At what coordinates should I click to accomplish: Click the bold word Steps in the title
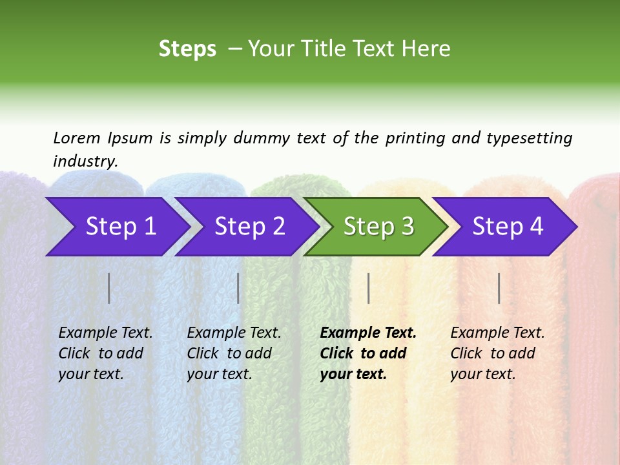click(x=187, y=49)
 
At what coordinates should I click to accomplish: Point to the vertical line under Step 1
click(x=109, y=288)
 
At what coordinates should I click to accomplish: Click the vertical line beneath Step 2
click(x=238, y=288)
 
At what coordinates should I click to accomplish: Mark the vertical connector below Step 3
click(x=369, y=288)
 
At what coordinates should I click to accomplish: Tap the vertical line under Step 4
click(x=499, y=288)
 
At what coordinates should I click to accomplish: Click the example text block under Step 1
click(x=105, y=353)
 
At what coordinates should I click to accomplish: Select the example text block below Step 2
click(x=234, y=353)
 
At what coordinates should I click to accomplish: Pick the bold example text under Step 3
click(x=368, y=353)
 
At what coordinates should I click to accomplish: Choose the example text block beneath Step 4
click(x=497, y=353)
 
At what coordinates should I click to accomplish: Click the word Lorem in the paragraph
click(x=77, y=138)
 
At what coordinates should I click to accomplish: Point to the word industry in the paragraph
click(x=85, y=161)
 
